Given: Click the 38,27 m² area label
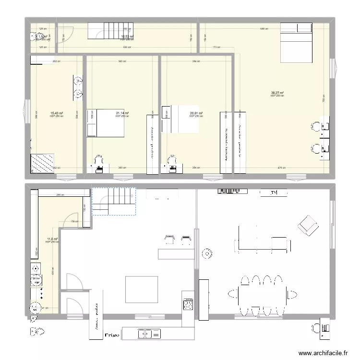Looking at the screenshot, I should (277, 93).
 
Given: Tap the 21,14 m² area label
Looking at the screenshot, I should (122, 113).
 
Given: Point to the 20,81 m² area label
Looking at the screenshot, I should (196, 113).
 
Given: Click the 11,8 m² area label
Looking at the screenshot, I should (52, 239).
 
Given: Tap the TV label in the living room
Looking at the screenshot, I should (275, 193).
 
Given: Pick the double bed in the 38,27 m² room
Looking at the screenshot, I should (297, 42).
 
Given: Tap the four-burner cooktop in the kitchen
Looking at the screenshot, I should (188, 304).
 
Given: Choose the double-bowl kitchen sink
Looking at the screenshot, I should (147, 333).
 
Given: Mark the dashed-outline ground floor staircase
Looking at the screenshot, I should (114, 201).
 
